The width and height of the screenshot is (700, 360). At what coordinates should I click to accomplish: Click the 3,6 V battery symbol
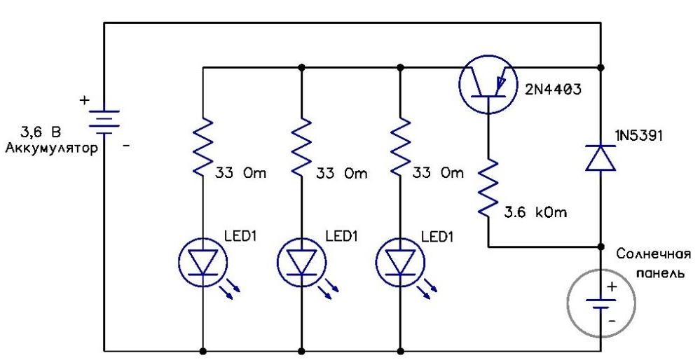(x=104, y=120)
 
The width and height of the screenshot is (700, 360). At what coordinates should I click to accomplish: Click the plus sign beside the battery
(x=84, y=101)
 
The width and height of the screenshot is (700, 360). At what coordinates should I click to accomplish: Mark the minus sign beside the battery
(x=127, y=146)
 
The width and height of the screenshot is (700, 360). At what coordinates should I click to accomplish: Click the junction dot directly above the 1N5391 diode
(x=601, y=68)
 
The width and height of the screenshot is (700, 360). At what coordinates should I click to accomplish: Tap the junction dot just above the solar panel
(x=601, y=247)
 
